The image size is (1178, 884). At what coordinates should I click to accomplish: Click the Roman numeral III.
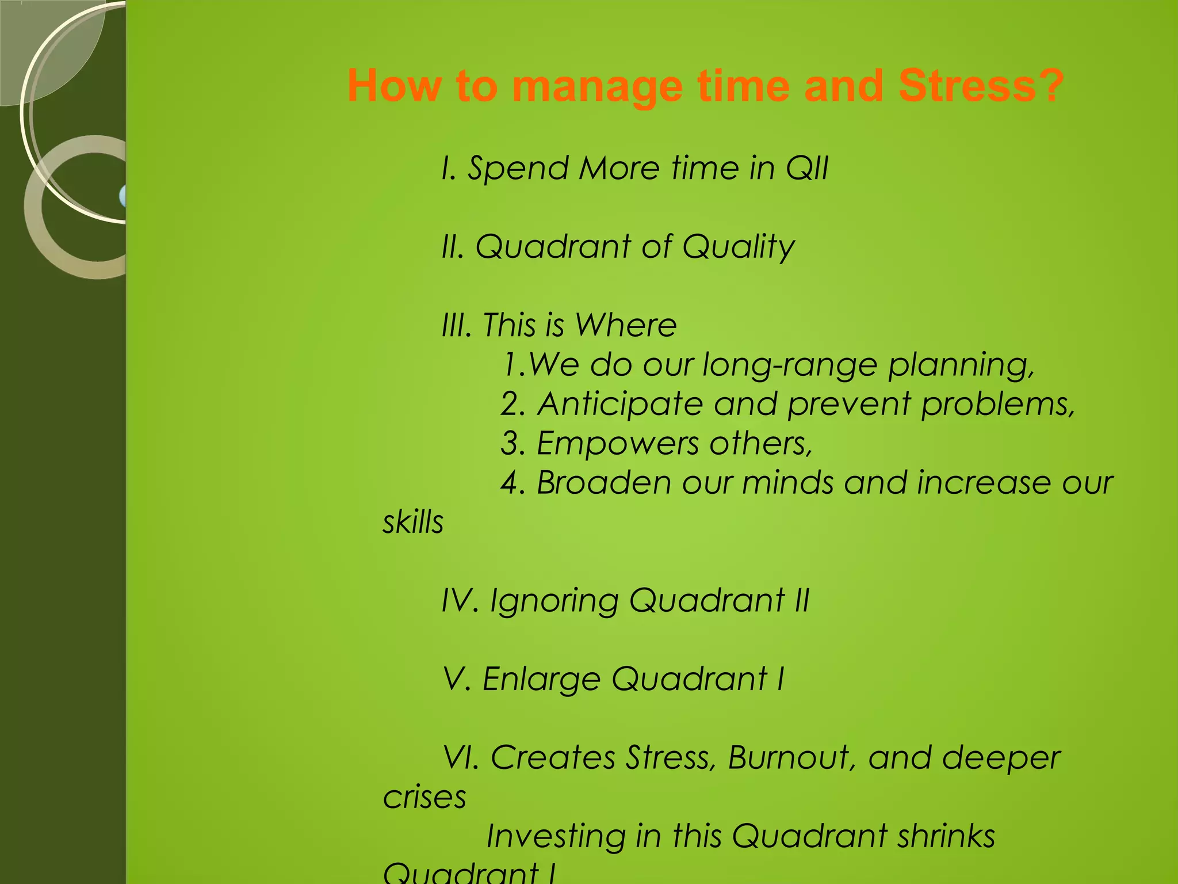[x=457, y=325]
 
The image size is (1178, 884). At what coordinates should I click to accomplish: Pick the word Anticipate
[x=620, y=405]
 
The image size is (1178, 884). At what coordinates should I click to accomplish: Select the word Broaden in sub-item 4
[x=603, y=482]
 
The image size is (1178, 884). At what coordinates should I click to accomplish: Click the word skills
[x=413, y=522]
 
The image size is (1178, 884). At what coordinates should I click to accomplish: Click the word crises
[x=424, y=797]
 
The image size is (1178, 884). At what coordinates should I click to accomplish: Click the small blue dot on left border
[x=123, y=196]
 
